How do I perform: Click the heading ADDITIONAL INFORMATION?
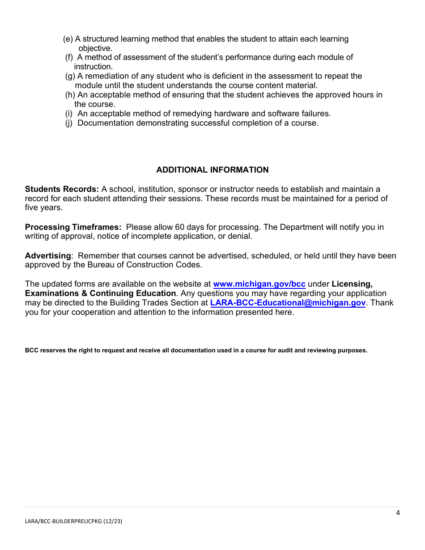[x=212, y=170]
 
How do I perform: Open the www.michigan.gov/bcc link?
[x=259, y=284]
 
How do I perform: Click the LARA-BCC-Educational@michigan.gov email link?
[x=288, y=303]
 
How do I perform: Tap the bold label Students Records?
[x=62, y=189]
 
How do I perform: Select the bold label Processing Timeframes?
[x=73, y=227]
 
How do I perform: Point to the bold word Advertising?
[x=48, y=256]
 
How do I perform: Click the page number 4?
[x=398, y=512]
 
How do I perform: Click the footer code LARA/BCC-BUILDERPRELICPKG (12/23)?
[x=73, y=521]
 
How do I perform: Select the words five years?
[x=43, y=208]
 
